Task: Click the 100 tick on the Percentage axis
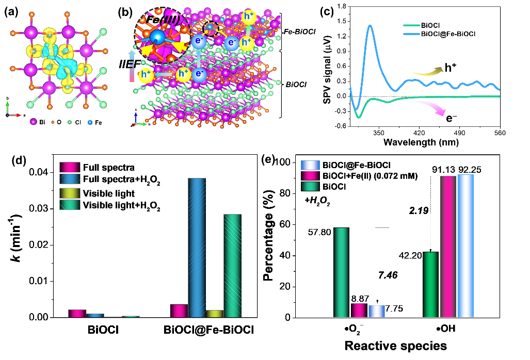pos(289,163)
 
